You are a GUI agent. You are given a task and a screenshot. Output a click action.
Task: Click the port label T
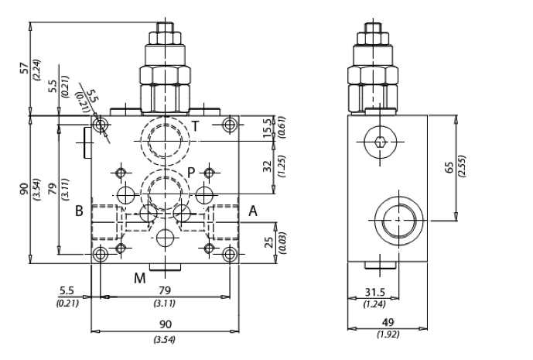pyautogui.click(x=195, y=126)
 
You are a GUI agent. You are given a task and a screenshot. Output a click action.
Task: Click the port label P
pyautogui.click(x=191, y=173)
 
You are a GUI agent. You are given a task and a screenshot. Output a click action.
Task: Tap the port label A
pyautogui.click(x=253, y=211)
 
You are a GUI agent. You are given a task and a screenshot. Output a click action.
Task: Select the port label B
pyautogui.click(x=79, y=211)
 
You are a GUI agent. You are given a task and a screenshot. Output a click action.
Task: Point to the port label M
pyautogui.click(x=140, y=279)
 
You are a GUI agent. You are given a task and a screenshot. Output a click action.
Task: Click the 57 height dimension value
pyautogui.click(x=26, y=68)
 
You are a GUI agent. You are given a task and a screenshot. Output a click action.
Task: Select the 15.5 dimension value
pyautogui.click(x=268, y=128)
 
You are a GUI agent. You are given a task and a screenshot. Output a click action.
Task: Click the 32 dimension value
pyautogui.click(x=268, y=166)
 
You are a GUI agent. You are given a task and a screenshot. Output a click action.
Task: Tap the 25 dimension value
pyautogui.click(x=269, y=242)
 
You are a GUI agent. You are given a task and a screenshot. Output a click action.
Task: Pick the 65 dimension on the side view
pyautogui.click(x=449, y=167)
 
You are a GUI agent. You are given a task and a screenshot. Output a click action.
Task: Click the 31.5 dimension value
pyautogui.click(x=375, y=293)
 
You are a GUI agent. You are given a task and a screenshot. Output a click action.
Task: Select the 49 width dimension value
pyautogui.click(x=388, y=322)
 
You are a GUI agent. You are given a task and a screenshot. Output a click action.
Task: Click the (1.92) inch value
pyautogui.click(x=388, y=334)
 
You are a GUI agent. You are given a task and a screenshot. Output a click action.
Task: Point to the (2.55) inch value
pyautogui.click(x=462, y=166)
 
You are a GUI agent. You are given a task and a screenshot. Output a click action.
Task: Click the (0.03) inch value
pyautogui.click(x=282, y=242)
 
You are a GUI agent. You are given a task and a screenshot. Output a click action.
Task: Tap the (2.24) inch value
pyautogui.click(x=36, y=70)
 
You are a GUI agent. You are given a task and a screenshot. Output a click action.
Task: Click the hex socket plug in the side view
pyautogui.click(x=380, y=142)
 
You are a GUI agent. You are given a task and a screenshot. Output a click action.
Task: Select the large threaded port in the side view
pyautogui.click(x=399, y=220)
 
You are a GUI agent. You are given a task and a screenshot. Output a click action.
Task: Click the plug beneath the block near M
pyautogui.click(x=166, y=267)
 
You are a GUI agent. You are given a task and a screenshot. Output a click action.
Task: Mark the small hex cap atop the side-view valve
pyautogui.click(x=373, y=28)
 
